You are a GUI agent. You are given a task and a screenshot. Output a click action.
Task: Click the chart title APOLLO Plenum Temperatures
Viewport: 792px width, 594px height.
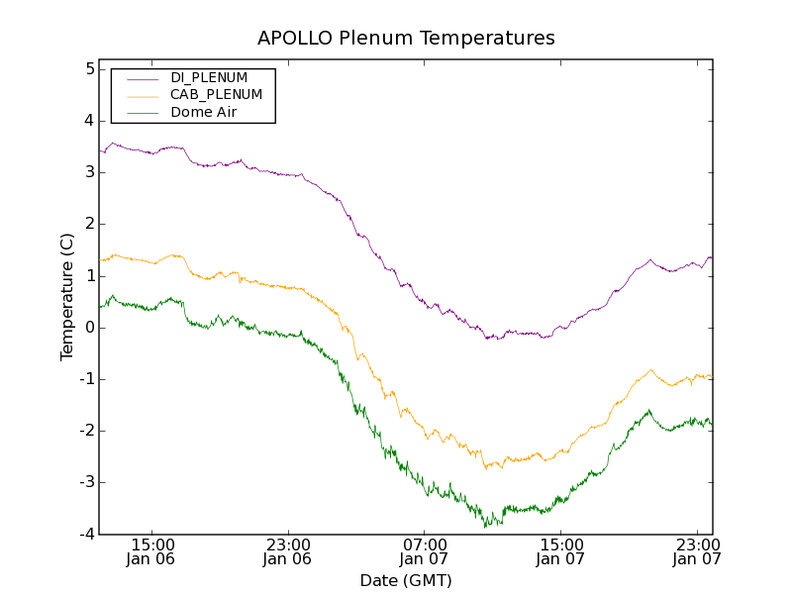(406, 39)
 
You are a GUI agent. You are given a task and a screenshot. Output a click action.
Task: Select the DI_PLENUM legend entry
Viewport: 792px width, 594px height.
(209, 77)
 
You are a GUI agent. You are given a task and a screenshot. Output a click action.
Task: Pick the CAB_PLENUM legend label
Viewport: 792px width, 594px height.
(216, 95)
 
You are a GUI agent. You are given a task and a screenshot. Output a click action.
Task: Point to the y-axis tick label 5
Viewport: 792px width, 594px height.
(89, 69)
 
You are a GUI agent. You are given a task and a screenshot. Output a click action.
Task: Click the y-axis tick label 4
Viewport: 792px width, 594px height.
(89, 121)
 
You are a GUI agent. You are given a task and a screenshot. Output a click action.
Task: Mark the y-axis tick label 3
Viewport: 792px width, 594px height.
(89, 172)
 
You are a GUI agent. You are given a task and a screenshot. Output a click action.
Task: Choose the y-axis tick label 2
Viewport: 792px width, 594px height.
(89, 224)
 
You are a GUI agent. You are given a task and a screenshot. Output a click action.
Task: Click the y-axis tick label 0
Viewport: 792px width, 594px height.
(89, 328)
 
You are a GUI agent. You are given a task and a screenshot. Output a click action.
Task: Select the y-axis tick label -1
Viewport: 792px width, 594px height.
(86, 379)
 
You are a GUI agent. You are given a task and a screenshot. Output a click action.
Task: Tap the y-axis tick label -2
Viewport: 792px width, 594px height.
(86, 431)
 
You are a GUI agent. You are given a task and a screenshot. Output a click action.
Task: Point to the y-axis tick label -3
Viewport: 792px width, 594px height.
(86, 482)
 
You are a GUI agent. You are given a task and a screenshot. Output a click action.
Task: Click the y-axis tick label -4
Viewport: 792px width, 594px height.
(86, 534)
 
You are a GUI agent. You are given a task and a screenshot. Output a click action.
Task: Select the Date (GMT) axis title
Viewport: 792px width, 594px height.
(406, 580)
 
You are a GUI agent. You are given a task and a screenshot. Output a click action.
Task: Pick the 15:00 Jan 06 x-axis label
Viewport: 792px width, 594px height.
(152, 551)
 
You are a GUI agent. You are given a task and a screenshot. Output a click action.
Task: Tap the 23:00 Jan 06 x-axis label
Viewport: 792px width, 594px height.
(288, 551)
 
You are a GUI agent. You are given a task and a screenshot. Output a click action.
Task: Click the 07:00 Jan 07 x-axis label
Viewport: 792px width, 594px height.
(424, 551)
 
